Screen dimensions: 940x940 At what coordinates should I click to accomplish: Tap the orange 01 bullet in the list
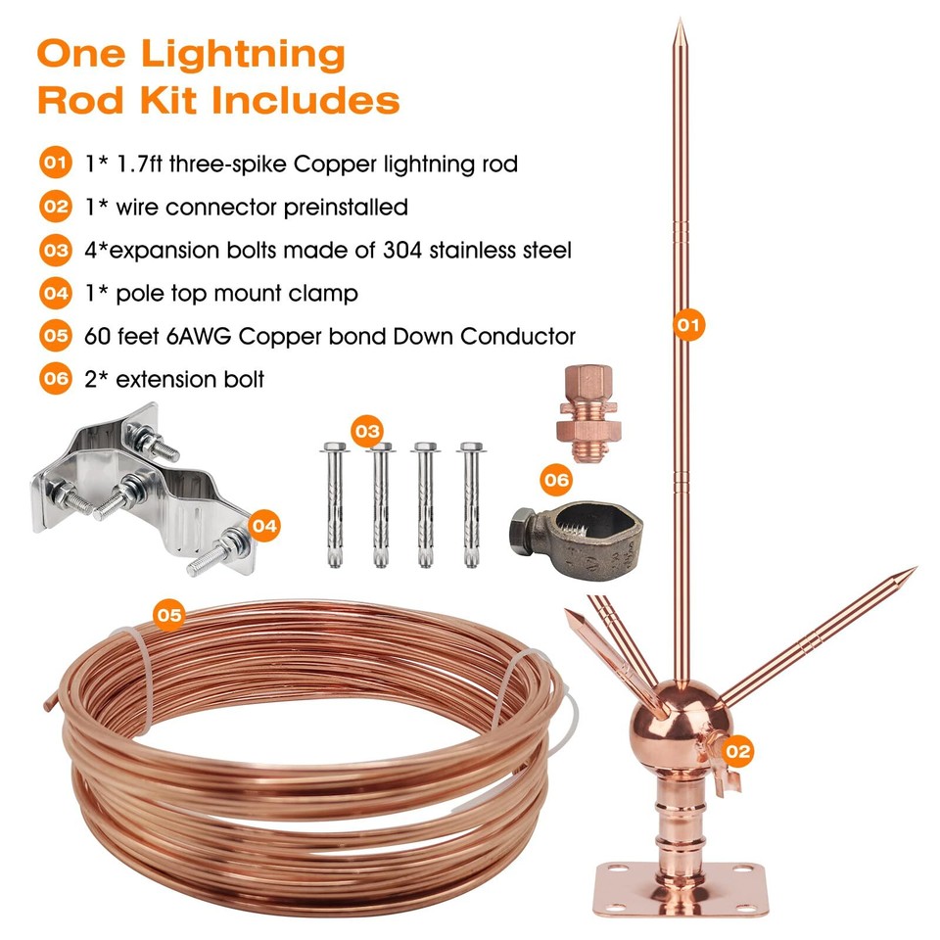(x=55, y=164)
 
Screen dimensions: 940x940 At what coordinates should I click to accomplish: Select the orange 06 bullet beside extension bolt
(x=55, y=379)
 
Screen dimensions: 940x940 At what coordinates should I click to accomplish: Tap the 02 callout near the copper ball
(x=737, y=751)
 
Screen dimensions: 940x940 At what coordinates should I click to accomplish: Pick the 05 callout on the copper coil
(x=169, y=615)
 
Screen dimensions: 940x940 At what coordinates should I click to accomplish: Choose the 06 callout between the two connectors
(x=555, y=480)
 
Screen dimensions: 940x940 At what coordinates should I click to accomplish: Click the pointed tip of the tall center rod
(x=680, y=23)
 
